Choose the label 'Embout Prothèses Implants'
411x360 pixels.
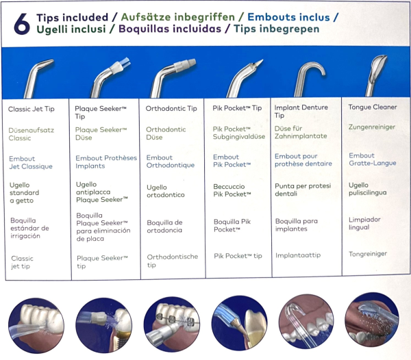(x=105, y=162)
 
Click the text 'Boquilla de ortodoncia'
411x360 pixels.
(x=164, y=227)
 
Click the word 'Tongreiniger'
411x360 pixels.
(x=368, y=254)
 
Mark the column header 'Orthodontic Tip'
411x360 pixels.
(x=171, y=108)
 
